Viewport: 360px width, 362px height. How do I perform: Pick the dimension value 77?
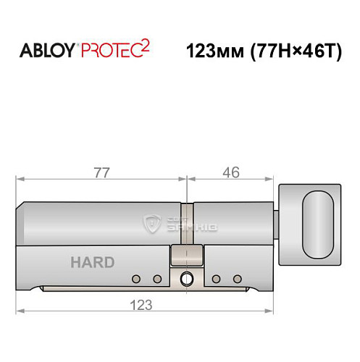pyautogui.click(x=101, y=174)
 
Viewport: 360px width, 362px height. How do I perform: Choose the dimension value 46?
pyautogui.click(x=231, y=174)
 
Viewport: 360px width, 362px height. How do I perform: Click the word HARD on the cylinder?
pyautogui.click(x=92, y=262)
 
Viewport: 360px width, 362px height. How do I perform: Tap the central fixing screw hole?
pyautogui.click(x=188, y=278)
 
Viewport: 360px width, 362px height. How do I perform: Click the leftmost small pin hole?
pyautogui.click(x=135, y=279)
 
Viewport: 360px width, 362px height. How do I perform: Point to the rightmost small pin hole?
pyautogui.click(x=237, y=279)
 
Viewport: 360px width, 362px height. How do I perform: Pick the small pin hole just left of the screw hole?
pyautogui.click(x=156, y=279)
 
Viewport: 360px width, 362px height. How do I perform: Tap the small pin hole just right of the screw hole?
pyautogui.click(x=217, y=279)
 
